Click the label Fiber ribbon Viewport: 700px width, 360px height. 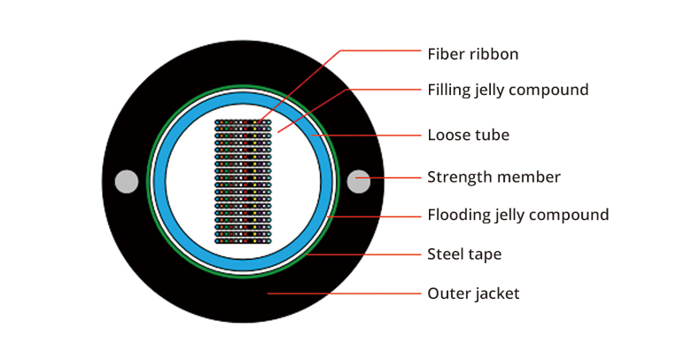tap(473, 54)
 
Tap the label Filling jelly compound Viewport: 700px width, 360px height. tap(508, 90)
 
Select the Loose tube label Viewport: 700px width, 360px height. tap(469, 135)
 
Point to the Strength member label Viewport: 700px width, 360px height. tap(494, 176)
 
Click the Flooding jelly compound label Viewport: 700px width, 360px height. tap(517, 215)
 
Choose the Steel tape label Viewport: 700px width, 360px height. tap(464, 254)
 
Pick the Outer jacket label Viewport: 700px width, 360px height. tap(473, 293)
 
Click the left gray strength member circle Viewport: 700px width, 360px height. tap(127, 182)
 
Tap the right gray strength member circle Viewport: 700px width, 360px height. tap(359, 182)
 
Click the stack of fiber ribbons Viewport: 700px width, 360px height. tap(243, 182)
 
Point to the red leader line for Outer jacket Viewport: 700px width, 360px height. tap(344, 293)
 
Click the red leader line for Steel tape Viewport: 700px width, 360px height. tap(364, 254)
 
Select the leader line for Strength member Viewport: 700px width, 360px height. tap(388, 177)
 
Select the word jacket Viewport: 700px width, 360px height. tap(496, 293)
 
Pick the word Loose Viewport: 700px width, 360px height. tap(447, 135)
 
